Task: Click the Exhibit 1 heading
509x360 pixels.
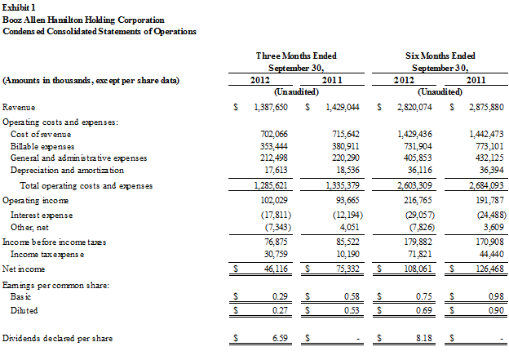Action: [x=18, y=7]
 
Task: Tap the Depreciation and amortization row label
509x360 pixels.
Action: [x=67, y=170]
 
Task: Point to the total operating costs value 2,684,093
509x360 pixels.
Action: [x=481, y=186]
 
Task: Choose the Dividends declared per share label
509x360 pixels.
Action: [x=57, y=338]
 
